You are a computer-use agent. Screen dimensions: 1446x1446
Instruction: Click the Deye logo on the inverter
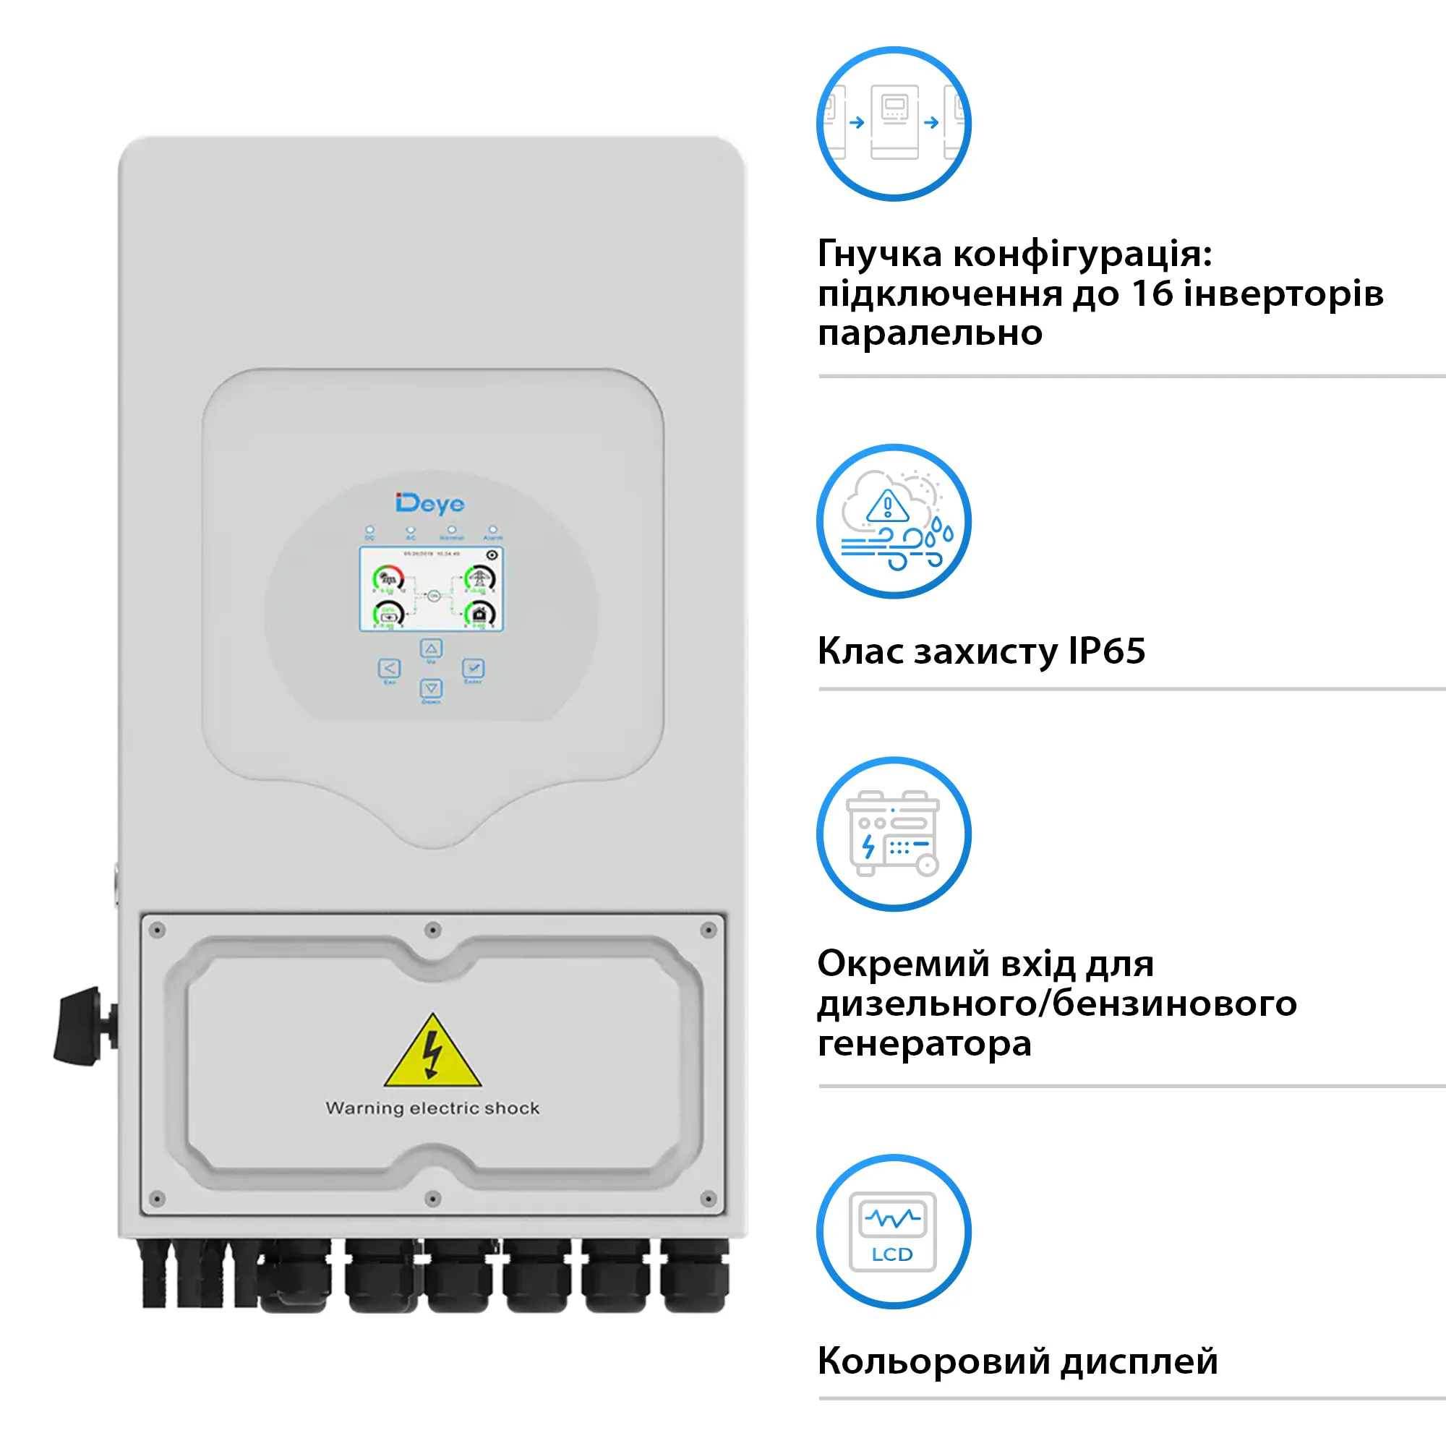point(429,504)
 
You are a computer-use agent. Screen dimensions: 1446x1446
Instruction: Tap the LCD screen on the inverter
point(431,589)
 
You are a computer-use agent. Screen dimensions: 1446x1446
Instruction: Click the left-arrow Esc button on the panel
point(389,667)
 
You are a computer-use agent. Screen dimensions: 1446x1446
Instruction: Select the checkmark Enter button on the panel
point(473,667)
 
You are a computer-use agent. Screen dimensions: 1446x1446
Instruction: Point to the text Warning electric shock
point(432,1108)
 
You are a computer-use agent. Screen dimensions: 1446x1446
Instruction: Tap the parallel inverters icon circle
point(894,124)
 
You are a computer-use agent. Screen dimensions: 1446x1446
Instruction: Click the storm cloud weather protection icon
point(894,522)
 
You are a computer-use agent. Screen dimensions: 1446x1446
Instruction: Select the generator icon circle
point(894,834)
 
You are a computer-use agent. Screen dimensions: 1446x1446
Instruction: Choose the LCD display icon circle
point(894,1231)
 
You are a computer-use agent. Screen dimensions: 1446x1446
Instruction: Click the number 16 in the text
point(1152,294)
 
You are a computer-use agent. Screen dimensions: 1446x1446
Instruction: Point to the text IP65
point(1106,651)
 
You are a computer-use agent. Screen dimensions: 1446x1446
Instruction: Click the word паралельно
point(930,333)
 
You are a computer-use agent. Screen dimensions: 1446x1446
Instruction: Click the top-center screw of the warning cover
point(432,931)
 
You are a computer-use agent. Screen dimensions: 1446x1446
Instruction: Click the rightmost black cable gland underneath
point(696,1278)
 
